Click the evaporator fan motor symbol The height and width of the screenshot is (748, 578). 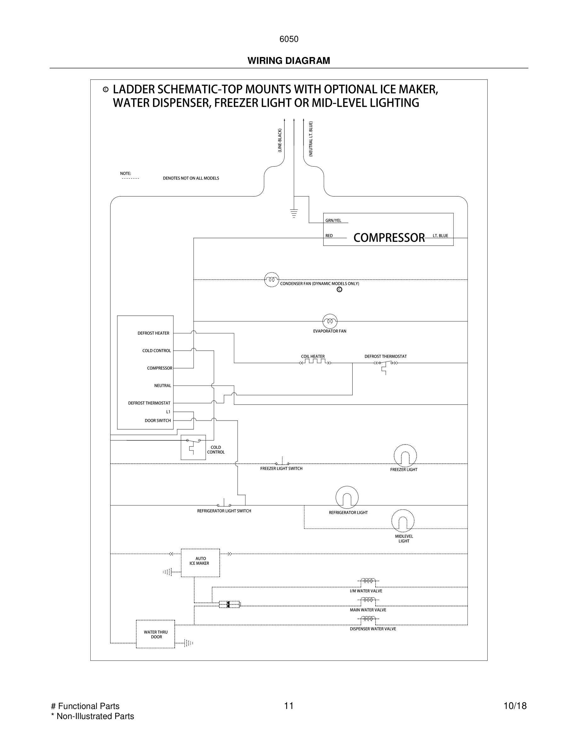(330, 321)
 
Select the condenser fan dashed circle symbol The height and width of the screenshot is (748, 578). (272, 280)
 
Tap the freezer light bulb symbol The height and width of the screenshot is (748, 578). (405, 456)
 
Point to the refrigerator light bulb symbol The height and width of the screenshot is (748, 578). (347, 497)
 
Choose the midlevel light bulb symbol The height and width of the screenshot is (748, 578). (403, 521)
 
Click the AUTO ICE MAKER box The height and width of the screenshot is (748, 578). (200, 563)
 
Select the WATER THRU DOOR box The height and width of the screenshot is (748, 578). (156, 634)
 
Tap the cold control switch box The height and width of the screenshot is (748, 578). (193, 447)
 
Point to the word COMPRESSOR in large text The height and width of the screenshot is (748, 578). (389, 238)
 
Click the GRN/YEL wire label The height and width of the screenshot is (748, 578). (333, 221)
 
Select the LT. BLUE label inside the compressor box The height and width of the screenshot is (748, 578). (440, 235)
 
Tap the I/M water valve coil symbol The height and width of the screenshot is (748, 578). (368, 581)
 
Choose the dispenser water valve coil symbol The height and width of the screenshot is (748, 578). (368, 619)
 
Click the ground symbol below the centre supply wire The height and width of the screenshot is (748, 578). (294, 213)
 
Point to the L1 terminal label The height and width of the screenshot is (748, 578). (168, 412)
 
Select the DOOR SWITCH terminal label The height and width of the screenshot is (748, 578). (157, 421)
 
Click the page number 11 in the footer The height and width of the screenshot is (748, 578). (289, 706)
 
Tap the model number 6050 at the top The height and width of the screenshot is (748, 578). (289, 39)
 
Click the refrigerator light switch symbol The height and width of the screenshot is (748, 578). (224, 504)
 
